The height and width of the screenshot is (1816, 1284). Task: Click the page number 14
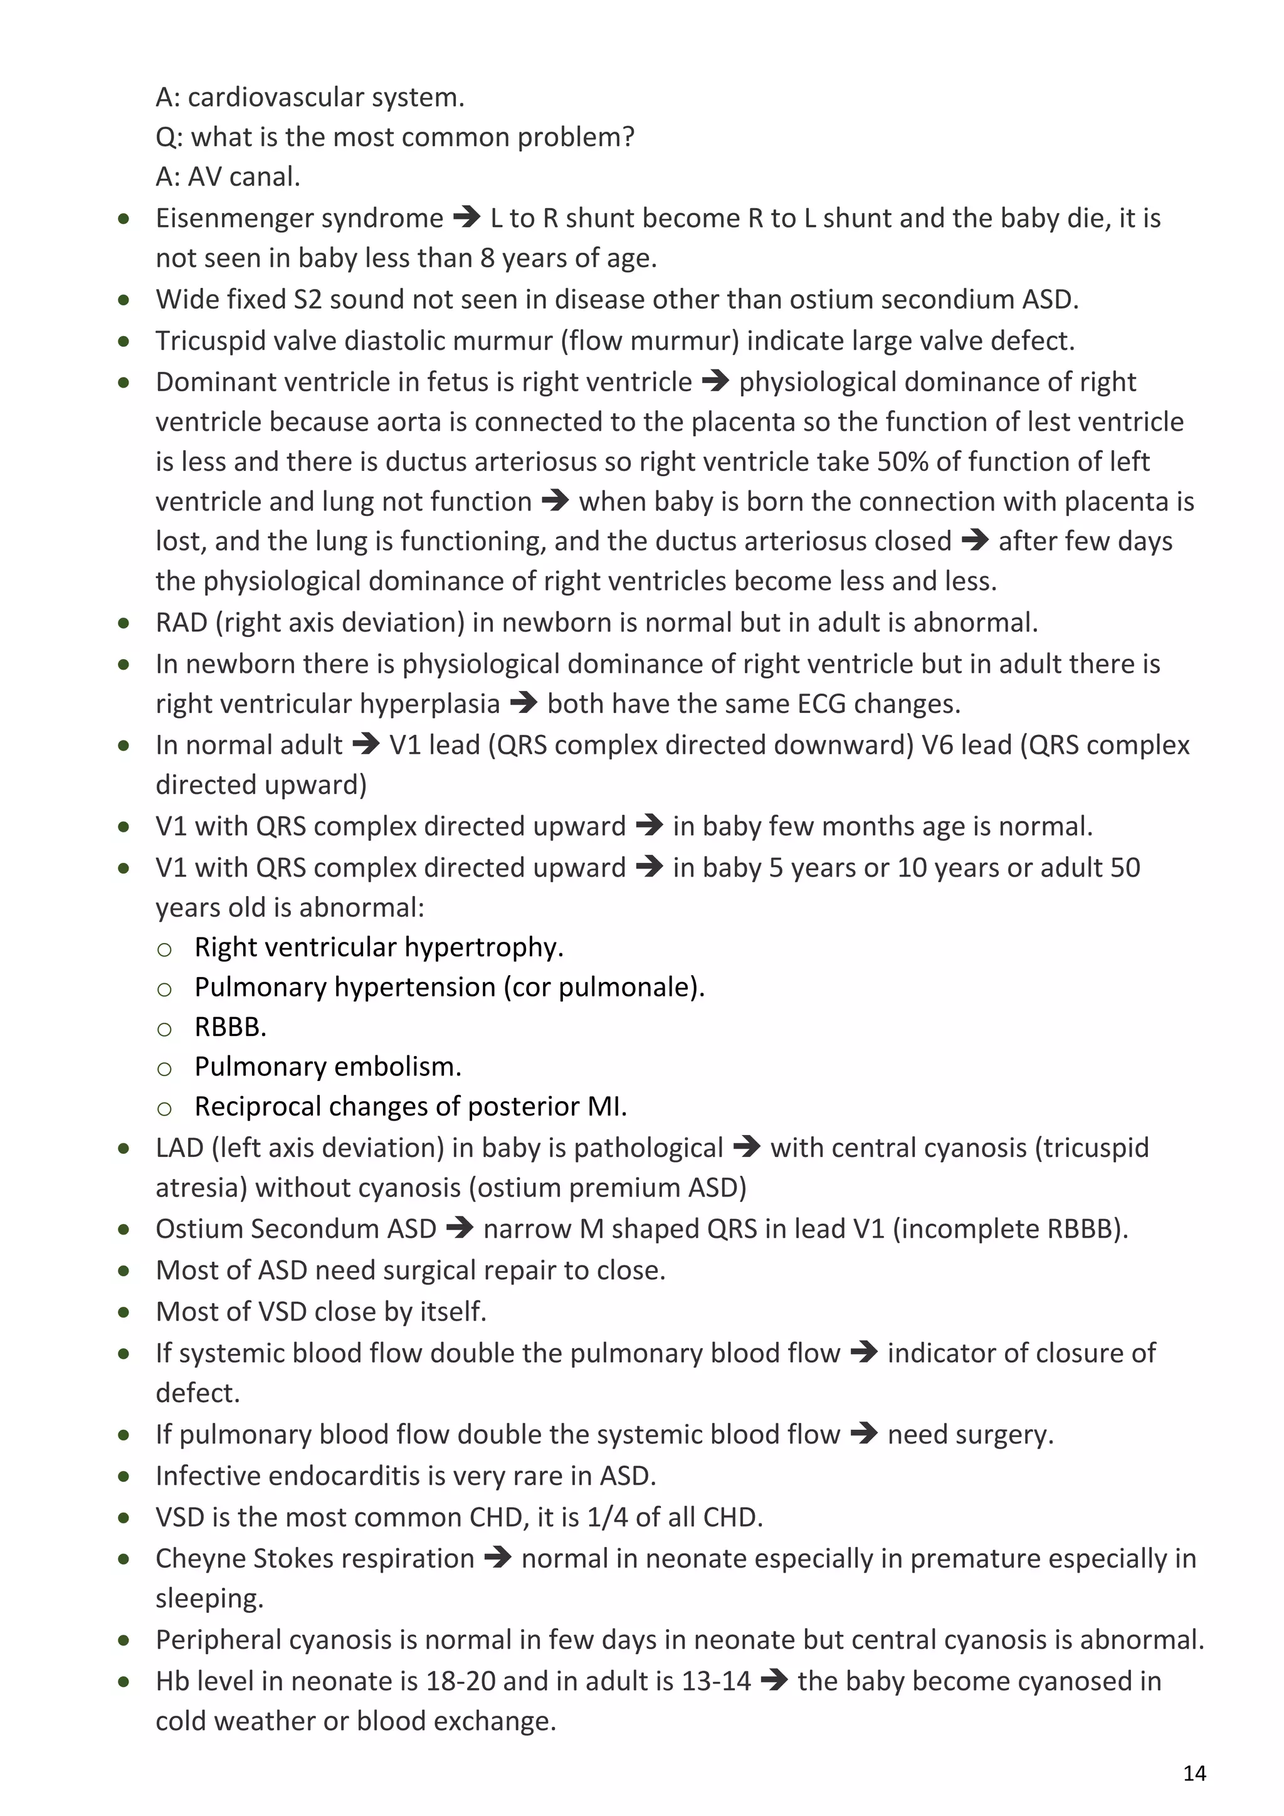pyautogui.click(x=1194, y=1773)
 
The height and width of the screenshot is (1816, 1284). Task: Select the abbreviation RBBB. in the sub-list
pyautogui.click(x=230, y=1027)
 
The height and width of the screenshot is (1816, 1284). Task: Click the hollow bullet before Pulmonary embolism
pyautogui.click(x=164, y=1069)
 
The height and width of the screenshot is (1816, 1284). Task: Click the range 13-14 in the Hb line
pyautogui.click(x=715, y=1681)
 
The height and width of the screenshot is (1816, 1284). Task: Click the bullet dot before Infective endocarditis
pyautogui.click(x=124, y=1476)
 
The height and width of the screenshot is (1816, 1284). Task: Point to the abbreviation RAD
pyautogui.click(x=182, y=623)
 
